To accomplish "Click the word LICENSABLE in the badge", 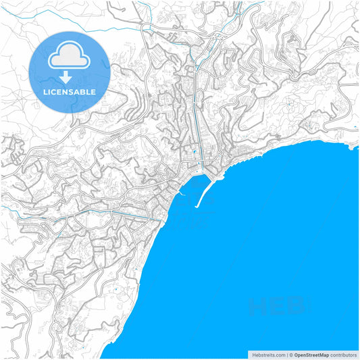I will click(x=70, y=91).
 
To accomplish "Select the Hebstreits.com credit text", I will click(x=268, y=355).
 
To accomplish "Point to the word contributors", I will click(x=343, y=355).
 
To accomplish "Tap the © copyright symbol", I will click(x=291, y=355).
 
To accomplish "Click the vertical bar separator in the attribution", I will click(x=286, y=355).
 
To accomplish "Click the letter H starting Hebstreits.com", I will click(x=253, y=355).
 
